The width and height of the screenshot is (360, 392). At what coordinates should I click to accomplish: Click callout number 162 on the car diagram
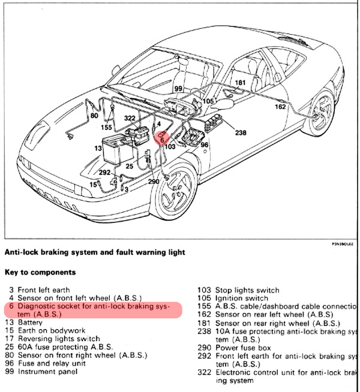pos(280,107)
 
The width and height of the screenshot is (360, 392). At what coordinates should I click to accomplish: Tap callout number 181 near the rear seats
pos(241,83)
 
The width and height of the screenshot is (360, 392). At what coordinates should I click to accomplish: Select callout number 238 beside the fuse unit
pos(241,132)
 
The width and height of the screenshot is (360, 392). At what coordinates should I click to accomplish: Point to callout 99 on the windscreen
pos(178,89)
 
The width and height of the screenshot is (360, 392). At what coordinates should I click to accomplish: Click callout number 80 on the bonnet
pos(94,115)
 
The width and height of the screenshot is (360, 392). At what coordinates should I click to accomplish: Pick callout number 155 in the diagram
pos(106,127)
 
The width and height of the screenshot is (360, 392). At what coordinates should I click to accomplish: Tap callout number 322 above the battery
pos(130,119)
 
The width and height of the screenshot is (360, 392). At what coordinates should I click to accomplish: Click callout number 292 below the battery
pos(104,172)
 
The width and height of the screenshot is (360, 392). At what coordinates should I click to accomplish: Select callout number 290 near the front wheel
pos(152,180)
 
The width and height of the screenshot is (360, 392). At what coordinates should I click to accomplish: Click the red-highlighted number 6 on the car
pos(162,139)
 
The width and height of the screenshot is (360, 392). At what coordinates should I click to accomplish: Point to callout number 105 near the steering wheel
pos(208,101)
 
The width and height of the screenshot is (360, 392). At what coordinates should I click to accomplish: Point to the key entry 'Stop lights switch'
pos(243,290)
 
